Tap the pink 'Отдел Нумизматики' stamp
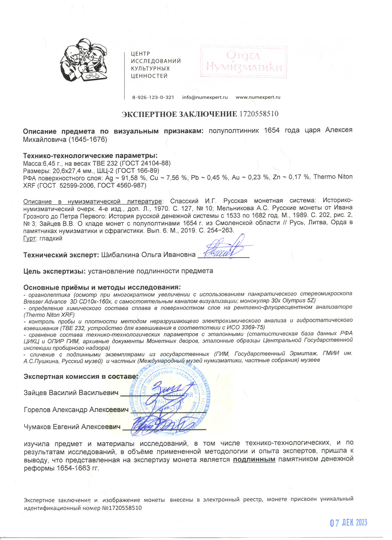coord(244,62)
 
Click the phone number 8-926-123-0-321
coord(153,97)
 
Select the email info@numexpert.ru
coord(205,97)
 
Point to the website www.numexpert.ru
coord(258,97)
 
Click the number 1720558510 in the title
coord(259,114)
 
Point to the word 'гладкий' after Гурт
coord(51,238)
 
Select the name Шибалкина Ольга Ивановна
coord(148,255)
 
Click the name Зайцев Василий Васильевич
coord(71,393)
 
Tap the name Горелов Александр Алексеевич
coord(76,410)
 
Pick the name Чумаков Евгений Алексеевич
coord(72,427)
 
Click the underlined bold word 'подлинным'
coord(254,460)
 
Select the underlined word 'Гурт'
coord(29,238)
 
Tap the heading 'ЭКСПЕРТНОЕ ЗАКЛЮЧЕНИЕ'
coord(179,114)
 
